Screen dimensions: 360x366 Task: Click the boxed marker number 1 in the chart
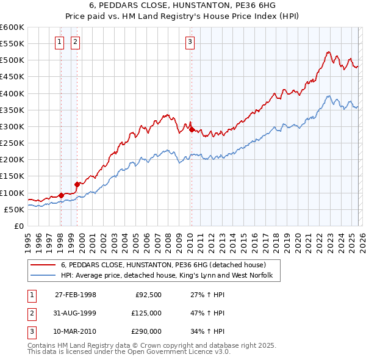click(x=59, y=42)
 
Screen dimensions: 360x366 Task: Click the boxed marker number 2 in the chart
click(x=75, y=42)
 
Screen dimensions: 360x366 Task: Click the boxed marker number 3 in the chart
click(x=190, y=42)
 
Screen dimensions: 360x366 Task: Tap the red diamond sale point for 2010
click(x=192, y=129)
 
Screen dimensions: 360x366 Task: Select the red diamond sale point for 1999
click(x=77, y=184)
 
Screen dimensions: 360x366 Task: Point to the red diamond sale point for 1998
click(x=61, y=195)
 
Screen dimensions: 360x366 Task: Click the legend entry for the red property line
click(x=163, y=265)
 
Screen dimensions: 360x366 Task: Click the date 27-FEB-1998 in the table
click(x=76, y=295)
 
